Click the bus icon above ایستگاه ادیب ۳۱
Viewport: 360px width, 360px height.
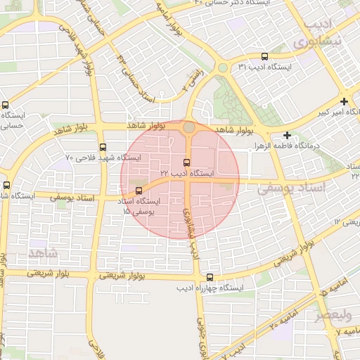coord(264,57)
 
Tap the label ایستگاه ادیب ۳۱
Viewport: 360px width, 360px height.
coord(264,67)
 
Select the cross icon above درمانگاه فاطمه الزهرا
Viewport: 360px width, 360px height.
coord(287,134)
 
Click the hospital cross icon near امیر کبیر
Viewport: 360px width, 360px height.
coord(344,101)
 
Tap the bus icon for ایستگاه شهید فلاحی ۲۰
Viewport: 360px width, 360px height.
coord(103,148)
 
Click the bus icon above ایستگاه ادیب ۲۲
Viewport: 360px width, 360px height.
coord(186,162)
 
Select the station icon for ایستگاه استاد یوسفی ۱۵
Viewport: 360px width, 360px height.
coord(138,191)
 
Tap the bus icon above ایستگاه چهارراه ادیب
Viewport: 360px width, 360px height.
coord(210,277)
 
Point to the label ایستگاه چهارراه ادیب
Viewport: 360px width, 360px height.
coord(210,288)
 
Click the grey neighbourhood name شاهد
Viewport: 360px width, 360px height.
coord(44,252)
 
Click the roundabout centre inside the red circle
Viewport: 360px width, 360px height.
coord(189,127)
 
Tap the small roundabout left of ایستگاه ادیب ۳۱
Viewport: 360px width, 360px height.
coord(222,68)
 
